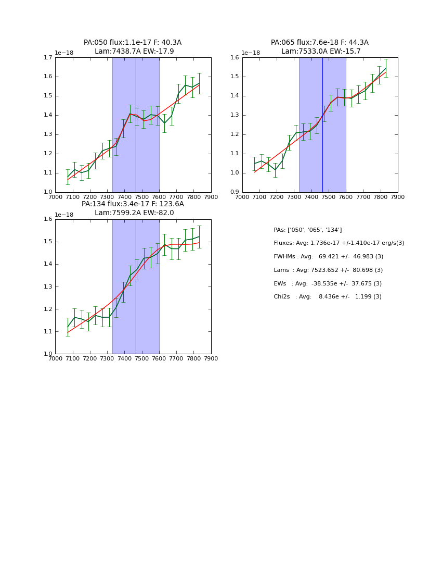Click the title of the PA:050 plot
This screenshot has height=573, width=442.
tap(133, 47)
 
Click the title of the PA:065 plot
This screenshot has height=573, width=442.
tap(320, 47)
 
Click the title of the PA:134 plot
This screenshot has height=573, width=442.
tap(133, 208)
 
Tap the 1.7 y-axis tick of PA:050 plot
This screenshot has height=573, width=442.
tap(48, 57)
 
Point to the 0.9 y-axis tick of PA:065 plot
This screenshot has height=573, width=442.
tap(236, 192)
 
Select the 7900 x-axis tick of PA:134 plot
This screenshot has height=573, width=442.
tap(211, 358)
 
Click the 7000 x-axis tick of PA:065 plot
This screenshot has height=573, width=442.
tap(242, 197)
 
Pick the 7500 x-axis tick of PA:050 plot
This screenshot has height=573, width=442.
tap(141, 197)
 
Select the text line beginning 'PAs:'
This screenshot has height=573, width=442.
tap(308, 230)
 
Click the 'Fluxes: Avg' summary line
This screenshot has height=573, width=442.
tap(339, 243)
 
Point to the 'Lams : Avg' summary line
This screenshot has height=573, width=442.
tap(328, 270)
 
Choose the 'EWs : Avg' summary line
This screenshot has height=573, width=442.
tap(328, 283)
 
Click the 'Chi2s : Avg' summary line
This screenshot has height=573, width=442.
tap(328, 297)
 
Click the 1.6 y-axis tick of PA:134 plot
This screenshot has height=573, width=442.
tap(48, 219)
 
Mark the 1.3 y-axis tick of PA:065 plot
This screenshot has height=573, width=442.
tap(236, 115)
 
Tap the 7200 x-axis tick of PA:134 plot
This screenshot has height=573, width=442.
tap(89, 358)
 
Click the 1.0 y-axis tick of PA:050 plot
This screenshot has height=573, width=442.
tap(48, 192)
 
